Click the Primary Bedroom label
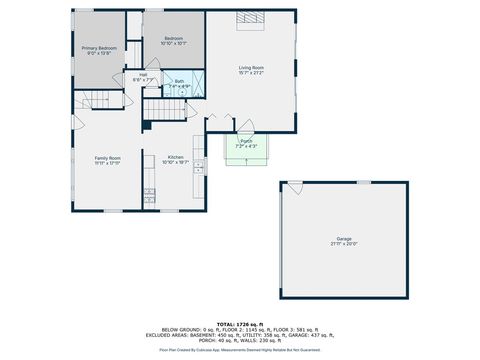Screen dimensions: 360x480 pyautogui.click(x=99, y=48)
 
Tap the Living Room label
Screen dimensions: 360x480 pyautogui.click(x=251, y=67)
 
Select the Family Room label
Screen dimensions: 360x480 pyautogui.click(x=107, y=158)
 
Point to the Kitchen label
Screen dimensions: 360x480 pyautogui.click(x=175, y=158)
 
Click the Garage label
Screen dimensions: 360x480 pyautogui.click(x=344, y=238)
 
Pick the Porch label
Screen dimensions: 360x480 pyautogui.click(x=246, y=141)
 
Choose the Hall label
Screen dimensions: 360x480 pyautogui.click(x=143, y=74)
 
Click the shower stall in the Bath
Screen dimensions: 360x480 pyautogui.click(x=196, y=83)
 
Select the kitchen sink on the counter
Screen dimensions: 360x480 pyautogui.click(x=198, y=165)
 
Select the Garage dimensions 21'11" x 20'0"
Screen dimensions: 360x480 pyautogui.click(x=344, y=244)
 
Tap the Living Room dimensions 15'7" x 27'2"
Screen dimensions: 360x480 pyautogui.click(x=251, y=73)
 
